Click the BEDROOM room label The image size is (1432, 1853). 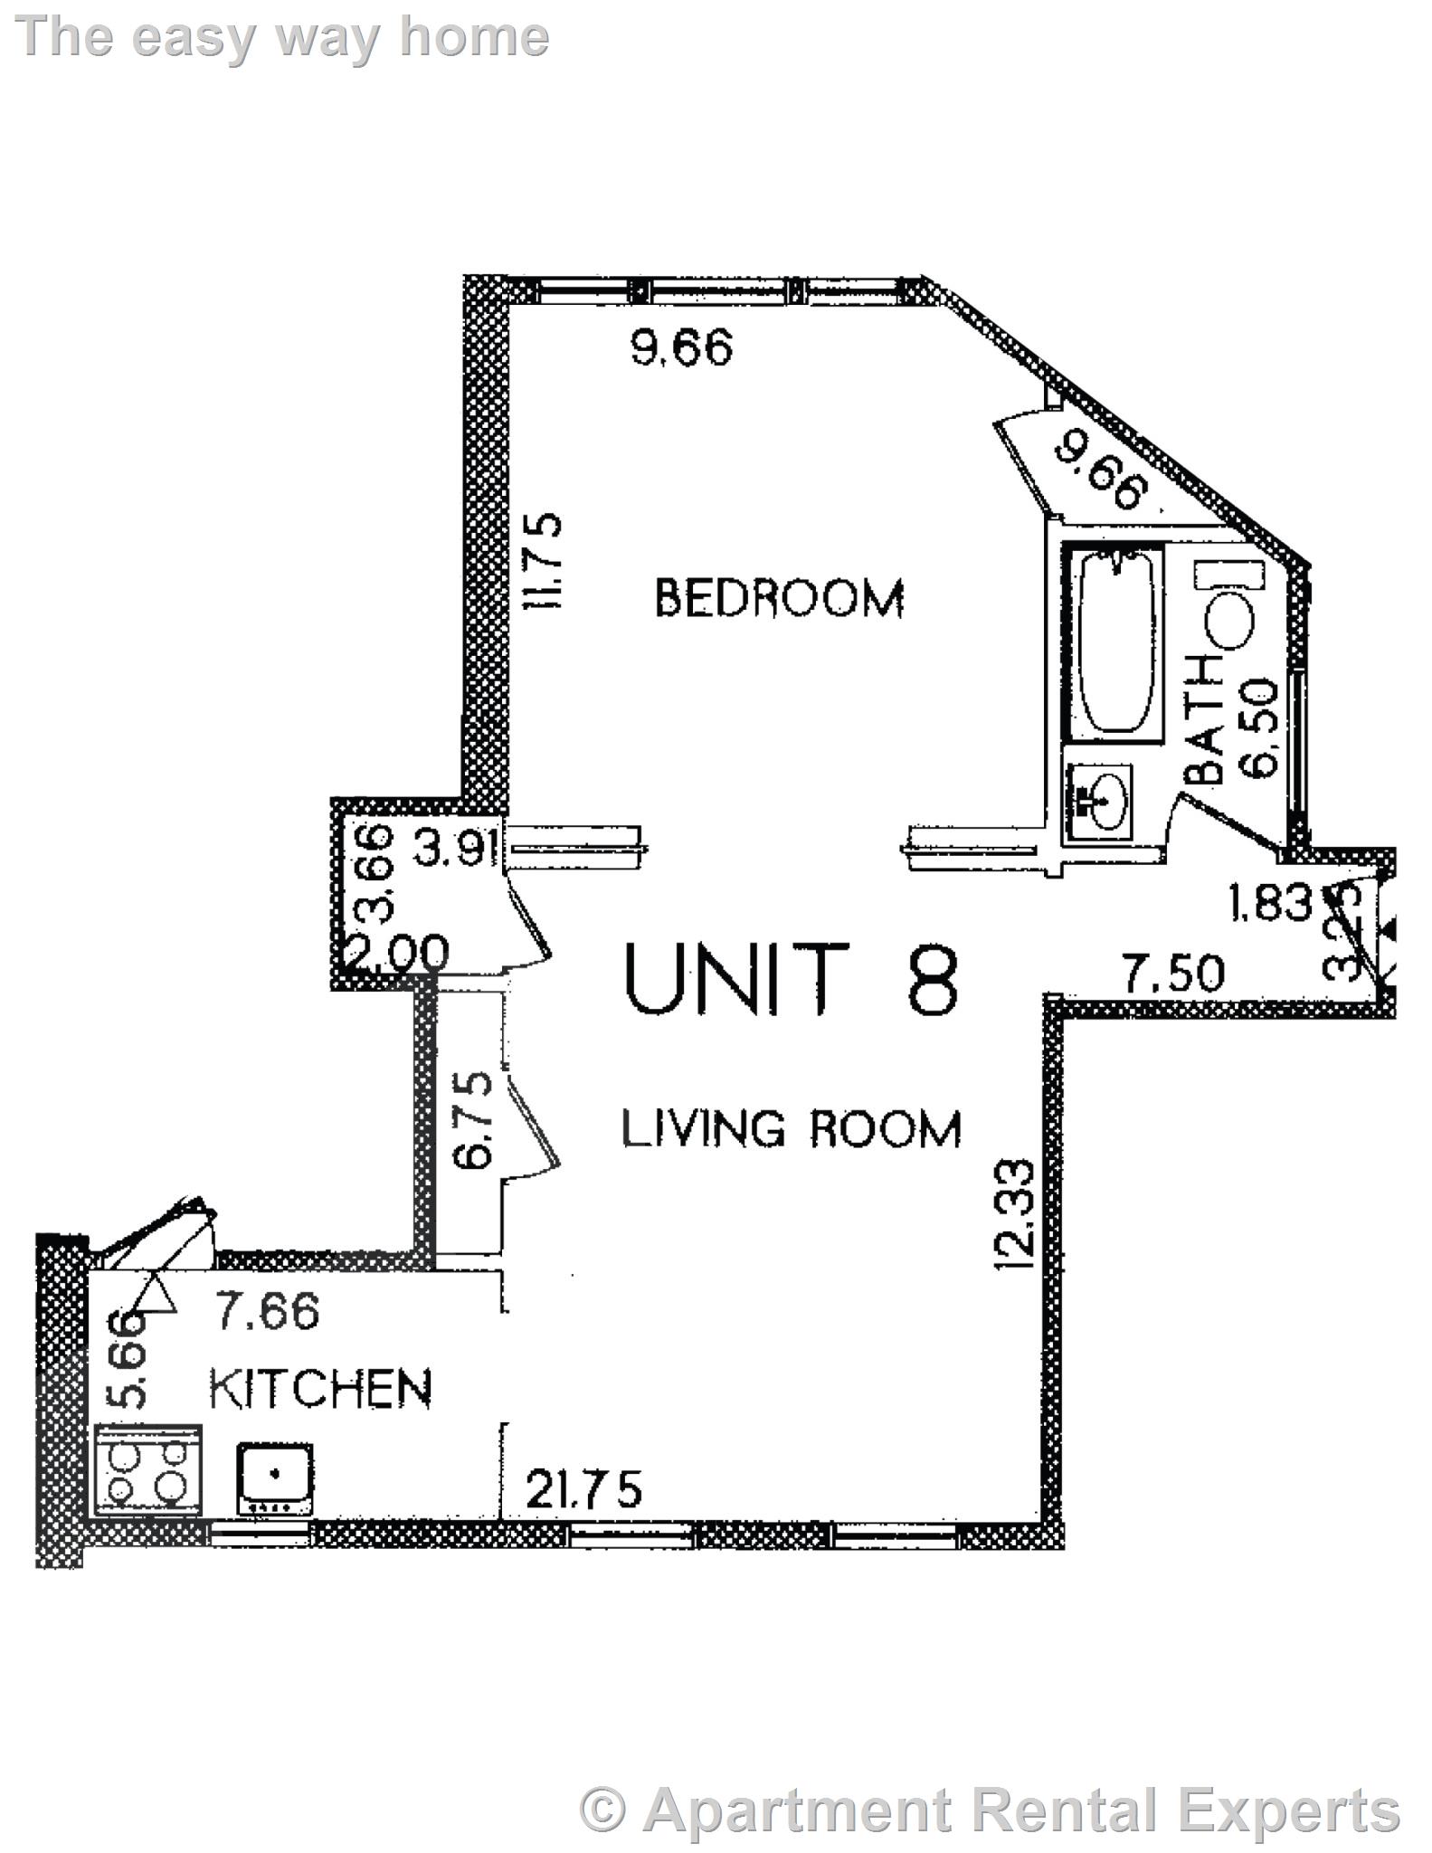[x=779, y=598]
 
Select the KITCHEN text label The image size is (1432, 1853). [x=321, y=1389]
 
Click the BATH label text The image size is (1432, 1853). [x=1205, y=719]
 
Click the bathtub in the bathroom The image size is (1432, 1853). [x=1112, y=641]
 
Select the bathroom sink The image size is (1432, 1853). [x=1100, y=796]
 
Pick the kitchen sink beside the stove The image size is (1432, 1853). [x=275, y=1478]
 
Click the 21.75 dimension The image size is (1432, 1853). [x=583, y=1488]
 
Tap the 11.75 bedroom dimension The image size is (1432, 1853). [x=545, y=561]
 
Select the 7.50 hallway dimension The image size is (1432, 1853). [x=1173, y=974]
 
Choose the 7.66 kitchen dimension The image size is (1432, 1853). [x=267, y=1311]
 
